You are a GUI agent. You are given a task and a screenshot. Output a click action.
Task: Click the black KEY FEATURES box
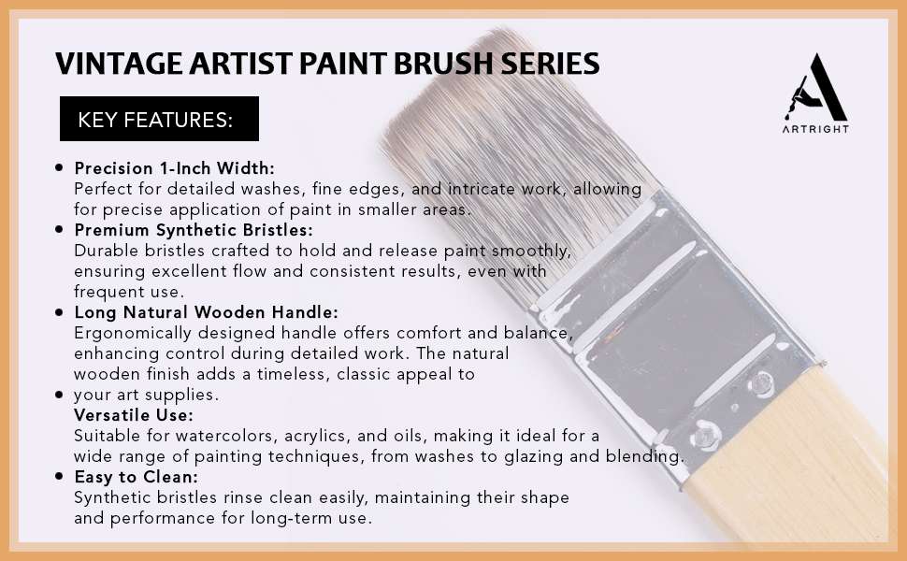[159, 119]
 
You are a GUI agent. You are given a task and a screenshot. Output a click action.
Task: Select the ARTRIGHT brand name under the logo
[815, 129]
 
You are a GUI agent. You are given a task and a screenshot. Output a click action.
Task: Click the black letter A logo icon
[815, 87]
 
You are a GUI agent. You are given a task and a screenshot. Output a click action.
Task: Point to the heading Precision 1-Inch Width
[174, 168]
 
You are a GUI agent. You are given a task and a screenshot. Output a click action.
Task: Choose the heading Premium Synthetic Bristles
[194, 230]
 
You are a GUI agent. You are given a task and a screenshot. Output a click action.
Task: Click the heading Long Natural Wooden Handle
[206, 312]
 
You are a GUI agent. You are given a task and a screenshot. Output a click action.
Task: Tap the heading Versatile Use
[134, 415]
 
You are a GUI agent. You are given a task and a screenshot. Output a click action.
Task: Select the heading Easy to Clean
[136, 477]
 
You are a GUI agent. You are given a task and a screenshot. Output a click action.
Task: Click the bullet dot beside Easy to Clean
[59, 477]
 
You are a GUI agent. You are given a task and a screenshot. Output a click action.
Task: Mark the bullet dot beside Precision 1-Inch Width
[59, 167]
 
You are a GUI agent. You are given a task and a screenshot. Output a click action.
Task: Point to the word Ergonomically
[133, 334]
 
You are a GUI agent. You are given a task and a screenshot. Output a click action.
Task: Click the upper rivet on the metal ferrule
[761, 384]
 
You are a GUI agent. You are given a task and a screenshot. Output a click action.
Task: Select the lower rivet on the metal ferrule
[704, 435]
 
